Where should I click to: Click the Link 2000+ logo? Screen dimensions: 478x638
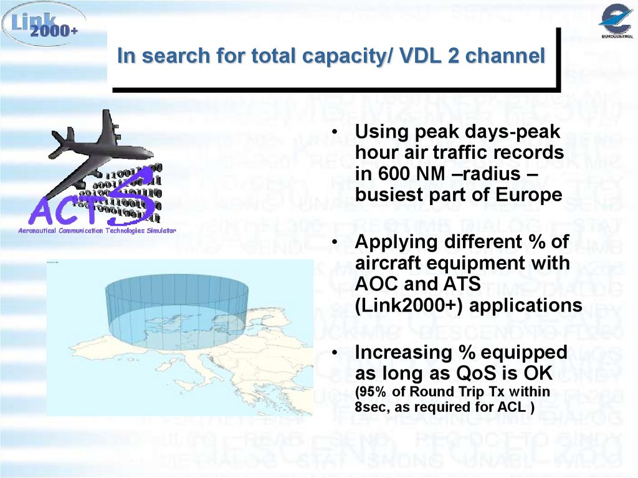click(x=44, y=24)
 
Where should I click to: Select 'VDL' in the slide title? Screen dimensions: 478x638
click(x=424, y=56)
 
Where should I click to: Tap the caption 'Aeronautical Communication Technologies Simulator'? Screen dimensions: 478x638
click(x=97, y=231)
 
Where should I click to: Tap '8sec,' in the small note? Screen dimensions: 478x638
click(x=371, y=406)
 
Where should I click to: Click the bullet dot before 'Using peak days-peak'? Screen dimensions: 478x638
click(x=335, y=133)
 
